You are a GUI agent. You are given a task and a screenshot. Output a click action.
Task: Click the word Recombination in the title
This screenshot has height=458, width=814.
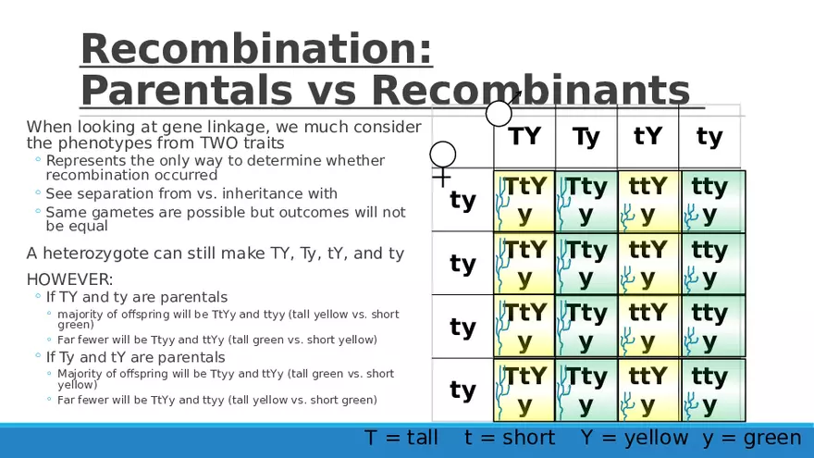pyautogui.click(x=256, y=49)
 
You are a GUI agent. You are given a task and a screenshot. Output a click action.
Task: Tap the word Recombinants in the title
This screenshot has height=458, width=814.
pyautogui.click(x=531, y=90)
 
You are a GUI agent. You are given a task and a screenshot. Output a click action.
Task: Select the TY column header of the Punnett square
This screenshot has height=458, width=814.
pyautogui.click(x=524, y=136)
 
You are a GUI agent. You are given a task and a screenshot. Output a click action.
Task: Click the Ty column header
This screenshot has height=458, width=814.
pyautogui.click(x=586, y=138)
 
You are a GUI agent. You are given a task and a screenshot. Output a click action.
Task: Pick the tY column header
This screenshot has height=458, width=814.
pyautogui.click(x=647, y=136)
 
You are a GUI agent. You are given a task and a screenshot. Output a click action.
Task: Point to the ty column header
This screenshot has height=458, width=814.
pyautogui.click(x=709, y=138)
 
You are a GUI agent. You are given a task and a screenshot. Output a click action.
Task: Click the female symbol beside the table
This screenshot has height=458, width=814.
pyautogui.click(x=442, y=164)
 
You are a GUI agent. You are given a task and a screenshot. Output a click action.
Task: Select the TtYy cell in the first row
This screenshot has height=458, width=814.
pyautogui.click(x=524, y=201)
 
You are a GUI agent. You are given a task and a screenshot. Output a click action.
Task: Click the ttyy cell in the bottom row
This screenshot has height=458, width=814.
pyautogui.click(x=713, y=390)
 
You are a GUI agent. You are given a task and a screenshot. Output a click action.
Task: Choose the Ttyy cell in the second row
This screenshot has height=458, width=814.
pyautogui.click(x=586, y=264)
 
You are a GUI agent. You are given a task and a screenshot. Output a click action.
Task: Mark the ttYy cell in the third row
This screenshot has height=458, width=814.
pyautogui.click(x=648, y=327)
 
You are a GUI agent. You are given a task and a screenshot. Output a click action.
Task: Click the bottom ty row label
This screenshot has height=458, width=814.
pyautogui.click(x=462, y=390)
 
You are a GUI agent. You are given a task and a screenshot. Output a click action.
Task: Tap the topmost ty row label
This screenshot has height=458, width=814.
pyautogui.click(x=462, y=201)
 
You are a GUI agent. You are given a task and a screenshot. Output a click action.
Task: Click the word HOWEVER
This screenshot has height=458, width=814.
pyautogui.click(x=69, y=279)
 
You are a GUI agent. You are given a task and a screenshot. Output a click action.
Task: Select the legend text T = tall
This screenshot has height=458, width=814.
pyautogui.click(x=401, y=438)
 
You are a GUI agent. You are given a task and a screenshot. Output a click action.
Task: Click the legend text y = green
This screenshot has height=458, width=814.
pyautogui.click(x=752, y=439)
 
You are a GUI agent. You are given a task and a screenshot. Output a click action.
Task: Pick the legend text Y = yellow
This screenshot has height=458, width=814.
pyautogui.click(x=635, y=439)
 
